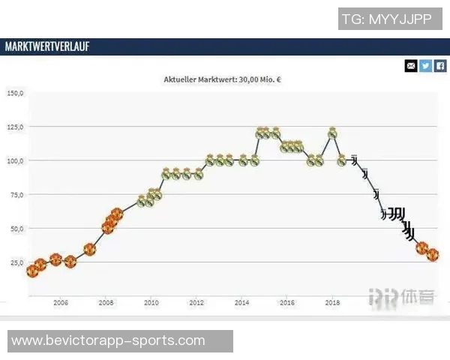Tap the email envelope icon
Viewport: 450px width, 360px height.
(x=411, y=66)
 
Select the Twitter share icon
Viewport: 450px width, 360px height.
(x=425, y=66)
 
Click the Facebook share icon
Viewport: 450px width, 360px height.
(x=440, y=66)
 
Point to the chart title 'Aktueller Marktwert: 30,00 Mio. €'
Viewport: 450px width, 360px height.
(x=228, y=78)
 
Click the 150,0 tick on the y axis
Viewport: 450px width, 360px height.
(x=15, y=93)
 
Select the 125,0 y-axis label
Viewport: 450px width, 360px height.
(x=15, y=127)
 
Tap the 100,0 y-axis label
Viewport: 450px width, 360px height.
(x=15, y=160)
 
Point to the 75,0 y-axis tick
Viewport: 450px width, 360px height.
(x=16, y=194)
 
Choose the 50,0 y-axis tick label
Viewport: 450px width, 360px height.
(x=16, y=228)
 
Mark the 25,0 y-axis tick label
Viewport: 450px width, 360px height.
(x=16, y=262)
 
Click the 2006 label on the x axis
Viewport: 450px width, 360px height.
(x=61, y=303)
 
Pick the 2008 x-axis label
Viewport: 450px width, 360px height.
(x=106, y=303)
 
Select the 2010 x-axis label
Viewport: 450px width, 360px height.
(x=151, y=303)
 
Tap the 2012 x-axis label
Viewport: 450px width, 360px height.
(x=196, y=303)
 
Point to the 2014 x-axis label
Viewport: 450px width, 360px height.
(x=241, y=303)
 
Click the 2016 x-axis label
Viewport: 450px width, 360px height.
(x=287, y=303)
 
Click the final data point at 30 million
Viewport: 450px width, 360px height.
(x=432, y=255)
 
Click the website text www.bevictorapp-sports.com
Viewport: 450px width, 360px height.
(x=108, y=340)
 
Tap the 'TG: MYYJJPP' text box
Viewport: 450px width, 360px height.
(x=386, y=19)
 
